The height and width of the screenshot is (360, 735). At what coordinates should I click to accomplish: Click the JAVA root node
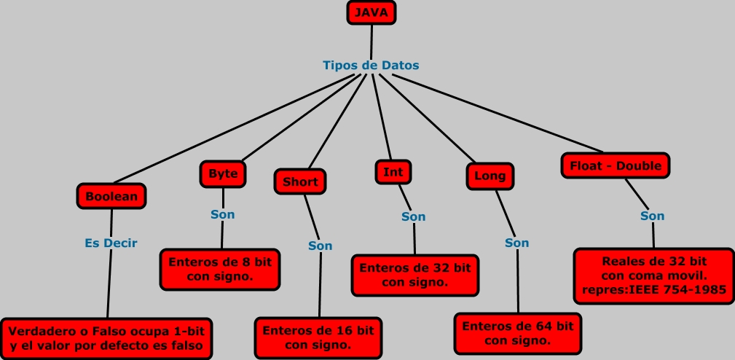point(372,13)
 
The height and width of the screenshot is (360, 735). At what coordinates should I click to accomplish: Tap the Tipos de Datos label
point(371,65)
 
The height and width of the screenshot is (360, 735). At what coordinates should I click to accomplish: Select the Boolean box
point(111,196)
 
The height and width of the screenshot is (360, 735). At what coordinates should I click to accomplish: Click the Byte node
point(223,174)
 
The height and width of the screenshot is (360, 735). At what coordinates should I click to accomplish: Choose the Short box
point(300,181)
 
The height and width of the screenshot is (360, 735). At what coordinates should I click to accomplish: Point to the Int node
point(393,172)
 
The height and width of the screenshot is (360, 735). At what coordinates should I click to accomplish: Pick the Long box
point(490,176)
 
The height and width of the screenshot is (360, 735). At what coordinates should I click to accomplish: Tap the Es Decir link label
point(111,243)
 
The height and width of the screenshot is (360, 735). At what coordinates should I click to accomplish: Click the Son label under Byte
point(223,214)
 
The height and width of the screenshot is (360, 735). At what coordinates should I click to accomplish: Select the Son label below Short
point(320,246)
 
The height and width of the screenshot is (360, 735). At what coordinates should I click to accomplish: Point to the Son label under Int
point(413,216)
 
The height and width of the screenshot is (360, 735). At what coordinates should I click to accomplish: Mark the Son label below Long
point(516,243)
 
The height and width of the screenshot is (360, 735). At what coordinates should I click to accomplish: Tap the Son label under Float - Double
point(652,216)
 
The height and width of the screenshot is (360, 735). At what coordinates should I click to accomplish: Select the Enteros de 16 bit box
point(318,337)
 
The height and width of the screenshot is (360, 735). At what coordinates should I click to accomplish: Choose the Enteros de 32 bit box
point(414,275)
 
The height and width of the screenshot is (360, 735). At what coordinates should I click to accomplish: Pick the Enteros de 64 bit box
point(517,333)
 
